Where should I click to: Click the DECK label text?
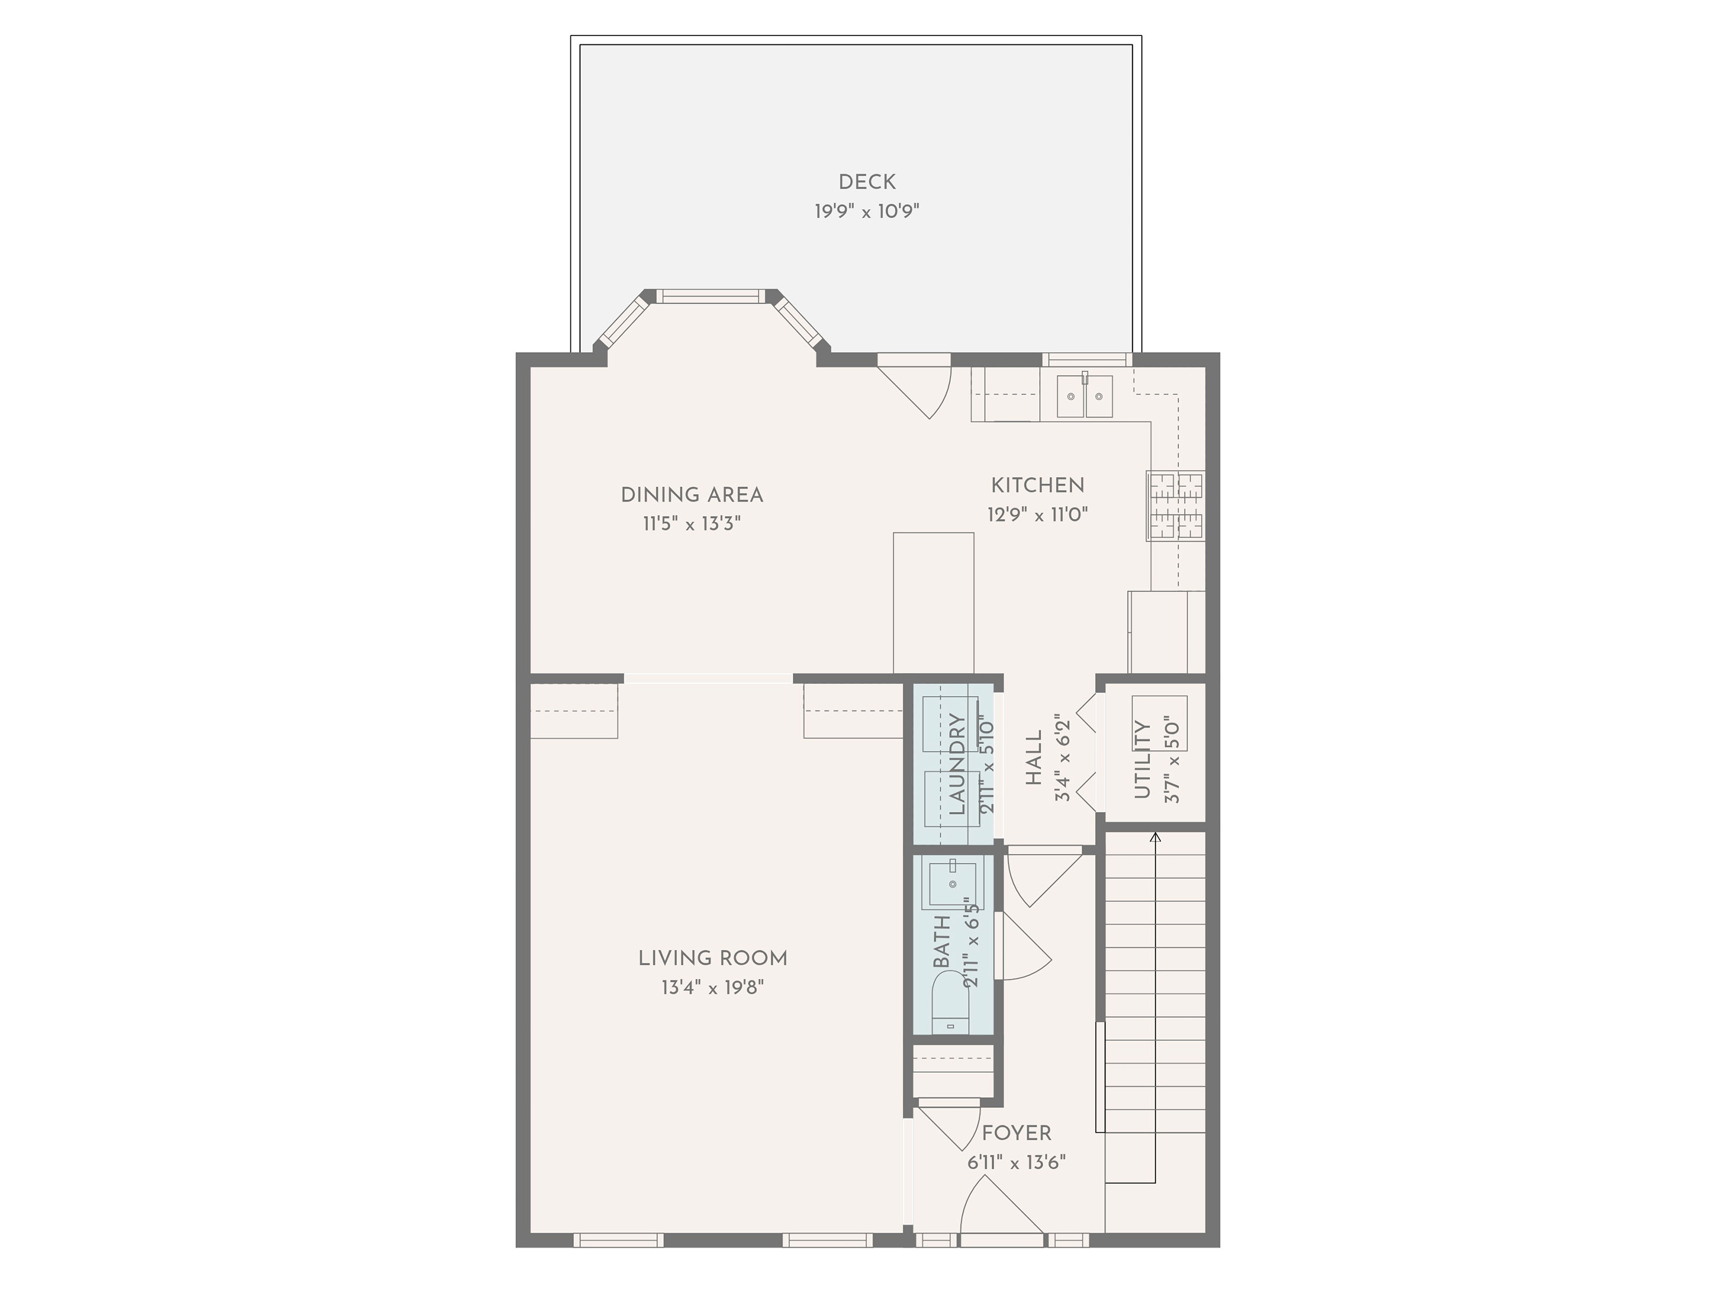[866, 182]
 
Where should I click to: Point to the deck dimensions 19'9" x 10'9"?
[866, 211]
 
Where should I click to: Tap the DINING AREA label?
[692, 495]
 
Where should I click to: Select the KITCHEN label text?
[1037, 485]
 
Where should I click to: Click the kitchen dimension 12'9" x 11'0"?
[1037, 515]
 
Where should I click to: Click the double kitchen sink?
[1085, 397]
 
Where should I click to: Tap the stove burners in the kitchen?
[1175, 505]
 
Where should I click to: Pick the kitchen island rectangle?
[933, 602]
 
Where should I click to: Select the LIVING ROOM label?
[712, 958]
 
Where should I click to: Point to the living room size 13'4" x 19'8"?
[712, 987]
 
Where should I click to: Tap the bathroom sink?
[952, 884]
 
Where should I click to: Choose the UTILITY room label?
[1142, 760]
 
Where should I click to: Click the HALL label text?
[1034, 758]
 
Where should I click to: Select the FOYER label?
[1017, 1133]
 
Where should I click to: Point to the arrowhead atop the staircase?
[1154, 837]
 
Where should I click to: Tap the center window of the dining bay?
[709, 296]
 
